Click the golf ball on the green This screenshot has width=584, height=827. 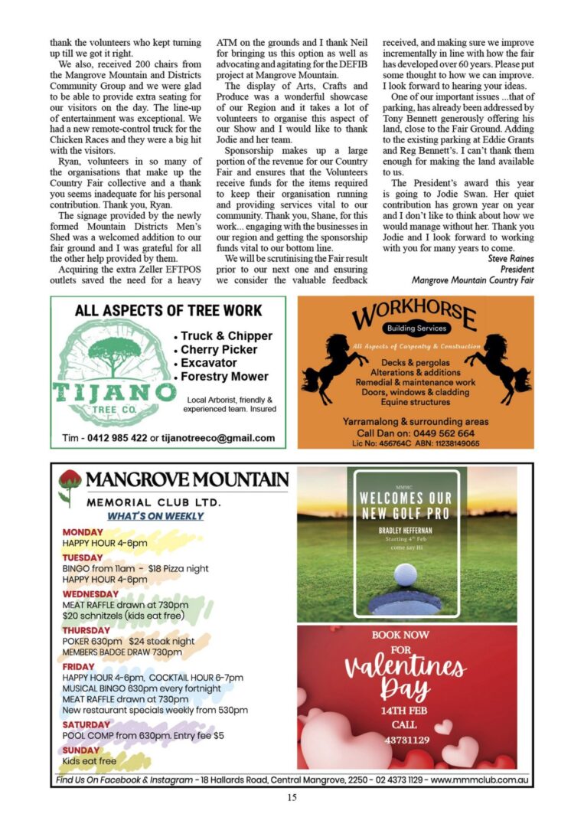406,574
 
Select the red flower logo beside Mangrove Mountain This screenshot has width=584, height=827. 70,485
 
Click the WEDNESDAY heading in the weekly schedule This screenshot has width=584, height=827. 90,594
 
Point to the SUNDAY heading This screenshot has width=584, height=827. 81,750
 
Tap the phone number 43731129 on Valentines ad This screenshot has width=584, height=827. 406,740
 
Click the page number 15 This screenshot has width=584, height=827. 292,797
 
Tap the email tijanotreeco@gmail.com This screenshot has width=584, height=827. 217,438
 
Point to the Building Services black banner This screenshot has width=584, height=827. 416,329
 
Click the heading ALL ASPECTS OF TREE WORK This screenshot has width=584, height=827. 168,310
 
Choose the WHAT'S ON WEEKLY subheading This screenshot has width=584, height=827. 155,516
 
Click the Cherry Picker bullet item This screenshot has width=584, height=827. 218,349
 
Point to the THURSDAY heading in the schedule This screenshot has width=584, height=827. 86,630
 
